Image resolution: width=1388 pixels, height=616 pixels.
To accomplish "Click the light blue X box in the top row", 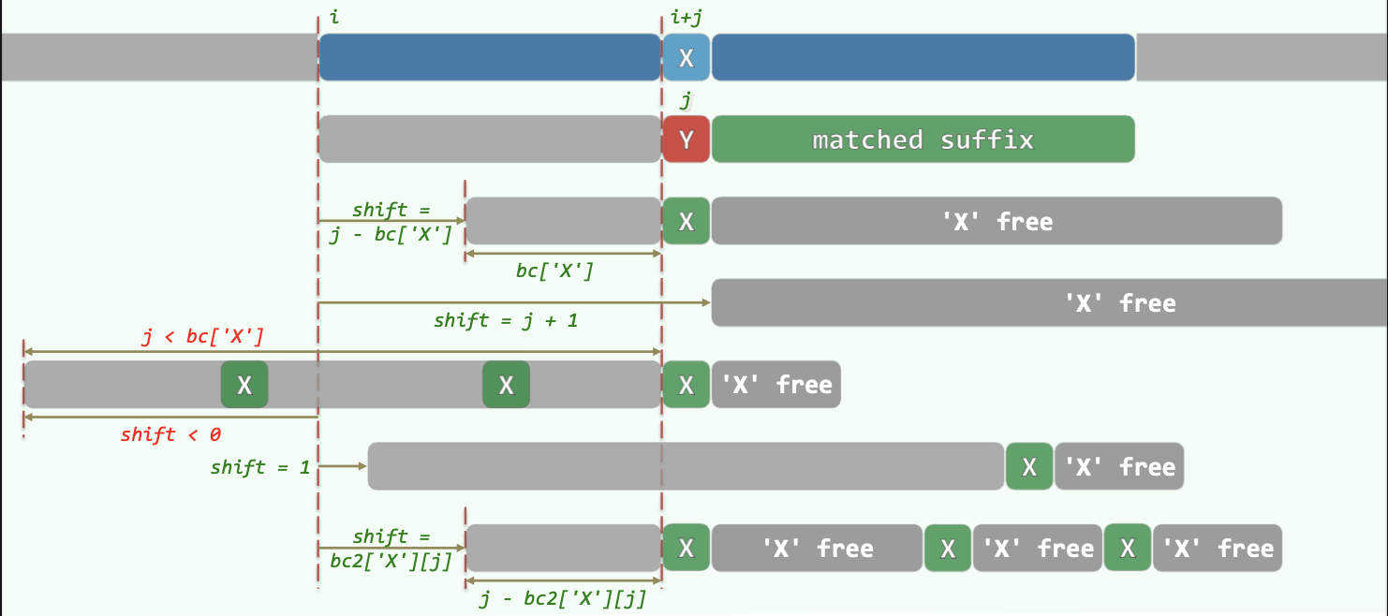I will pyautogui.click(x=687, y=58).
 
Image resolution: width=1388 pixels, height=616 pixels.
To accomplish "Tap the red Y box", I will pyautogui.click(x=687, y=139).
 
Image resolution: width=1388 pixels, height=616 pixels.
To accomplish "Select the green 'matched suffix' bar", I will pyautogui.click(x=923, y=139).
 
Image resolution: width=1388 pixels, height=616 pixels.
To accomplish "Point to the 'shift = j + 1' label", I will pyautogui.click(x=506, y=320).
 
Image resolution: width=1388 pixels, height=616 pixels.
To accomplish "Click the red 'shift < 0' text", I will pyautogui.click(x=170, y=434).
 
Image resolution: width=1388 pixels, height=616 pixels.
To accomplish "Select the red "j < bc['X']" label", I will pyautogui.click(x=203, y=336).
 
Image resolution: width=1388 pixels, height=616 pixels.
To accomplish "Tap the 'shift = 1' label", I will pyautogui.click(x=260, y=466).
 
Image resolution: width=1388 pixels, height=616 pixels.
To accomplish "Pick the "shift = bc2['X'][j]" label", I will pyautogui.click(x=391, y=549).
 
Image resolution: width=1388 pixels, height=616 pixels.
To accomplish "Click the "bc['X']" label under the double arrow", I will pyautogui.click(x=554, y=271).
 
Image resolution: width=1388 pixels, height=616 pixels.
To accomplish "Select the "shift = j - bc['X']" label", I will pyautogui.click(x=391, y=223).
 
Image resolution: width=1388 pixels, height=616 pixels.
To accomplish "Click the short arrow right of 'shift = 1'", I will pyautogui.click(x=343, y=464).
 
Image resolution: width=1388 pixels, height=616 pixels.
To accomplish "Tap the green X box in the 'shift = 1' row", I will pyautogui.click(x=1029, y=466).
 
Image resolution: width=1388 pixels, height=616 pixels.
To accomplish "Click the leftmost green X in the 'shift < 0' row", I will pyautogui.click(x=244, y=385).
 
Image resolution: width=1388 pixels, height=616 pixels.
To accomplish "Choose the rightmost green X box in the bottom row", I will pyautogui.click(x=1128, y=548).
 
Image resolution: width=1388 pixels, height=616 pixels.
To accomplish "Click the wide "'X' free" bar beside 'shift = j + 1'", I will pyautogui.click(x=1049, y=303).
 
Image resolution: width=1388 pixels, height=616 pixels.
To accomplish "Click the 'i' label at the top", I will pyautogui.click(x=334, y=18).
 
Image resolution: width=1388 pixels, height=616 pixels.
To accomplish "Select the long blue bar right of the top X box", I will pyautogui.click(x=923, y=58).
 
